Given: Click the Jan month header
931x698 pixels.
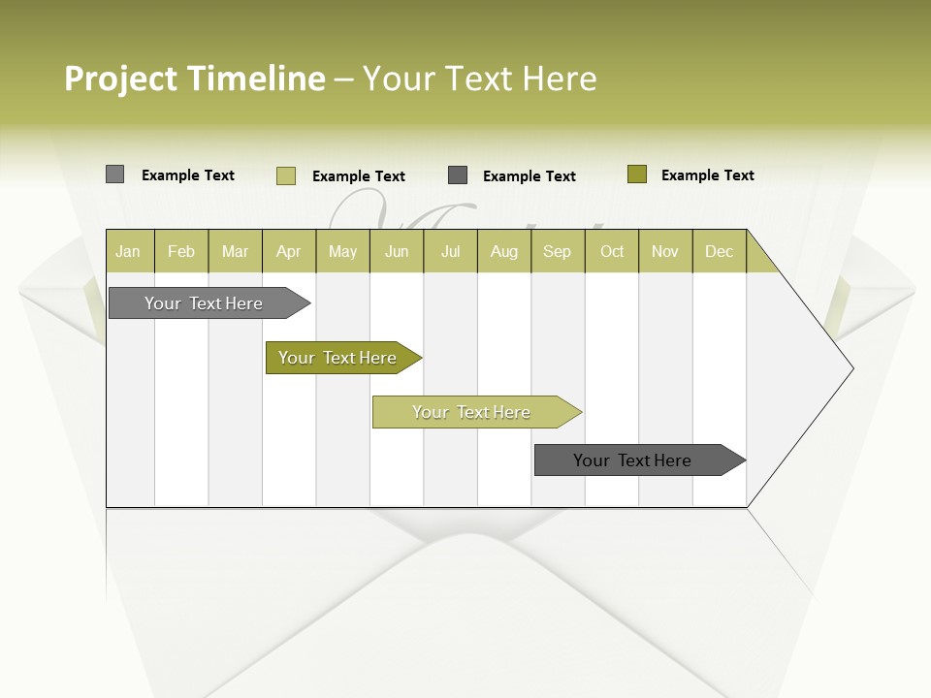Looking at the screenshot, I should (129, 251).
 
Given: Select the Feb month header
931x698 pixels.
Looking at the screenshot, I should (181, 251).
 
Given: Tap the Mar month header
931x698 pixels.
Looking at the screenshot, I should (235, 251).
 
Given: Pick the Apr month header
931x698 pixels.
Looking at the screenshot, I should (289, 251).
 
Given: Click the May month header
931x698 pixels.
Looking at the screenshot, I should (342, 251).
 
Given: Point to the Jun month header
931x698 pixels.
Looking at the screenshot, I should (397, 251).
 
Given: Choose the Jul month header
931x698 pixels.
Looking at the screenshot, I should (450, 251).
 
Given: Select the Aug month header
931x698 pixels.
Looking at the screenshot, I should (504, 251).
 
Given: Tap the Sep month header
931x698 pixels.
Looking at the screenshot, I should (558, 251).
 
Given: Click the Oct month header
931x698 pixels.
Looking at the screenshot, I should (612, 251).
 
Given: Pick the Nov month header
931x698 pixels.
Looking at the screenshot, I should (665, 251).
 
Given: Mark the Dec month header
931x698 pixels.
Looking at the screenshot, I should (719, 251).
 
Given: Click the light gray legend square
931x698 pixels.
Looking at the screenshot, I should (114, 174).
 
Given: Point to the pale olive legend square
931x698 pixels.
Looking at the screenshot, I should (285, 175).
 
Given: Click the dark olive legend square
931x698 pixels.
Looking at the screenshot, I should (636, 174).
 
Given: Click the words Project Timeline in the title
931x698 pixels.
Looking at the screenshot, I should (195, 79).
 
